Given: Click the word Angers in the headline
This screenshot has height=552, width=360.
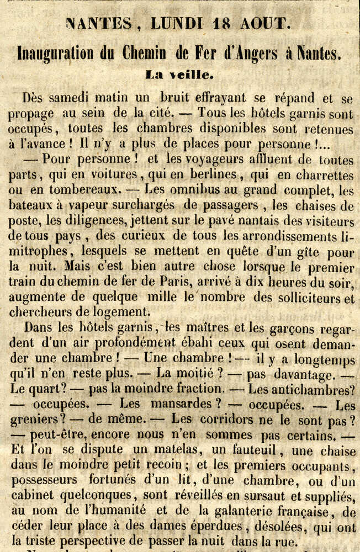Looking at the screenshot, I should point(272,54).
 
